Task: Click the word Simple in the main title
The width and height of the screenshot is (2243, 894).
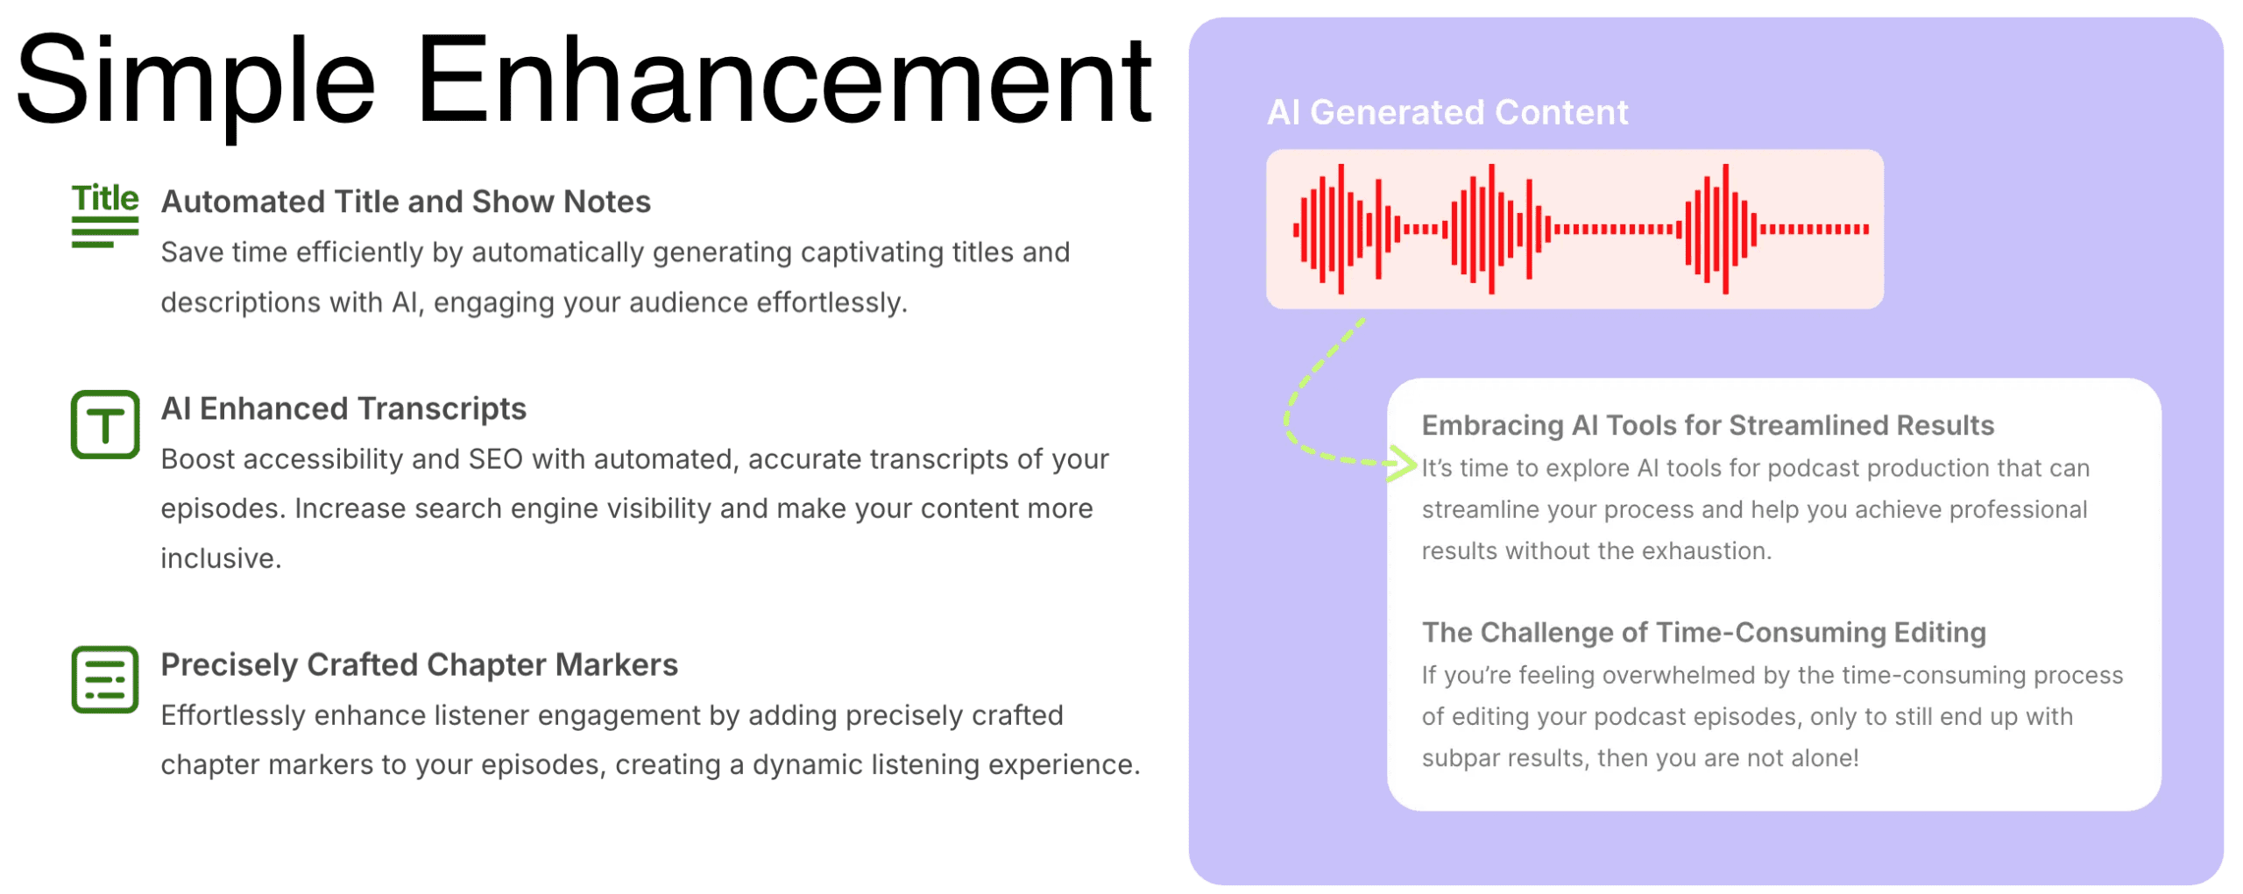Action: click(x=195, y=83)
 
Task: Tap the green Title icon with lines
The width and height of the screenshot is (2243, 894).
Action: click(x=104, y=215)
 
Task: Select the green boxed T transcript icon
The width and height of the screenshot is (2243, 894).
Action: click(x=105, y=424)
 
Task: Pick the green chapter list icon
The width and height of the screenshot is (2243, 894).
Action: click(x=105, y=679)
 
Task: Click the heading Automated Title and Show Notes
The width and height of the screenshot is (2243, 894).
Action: click(x=406, y=202)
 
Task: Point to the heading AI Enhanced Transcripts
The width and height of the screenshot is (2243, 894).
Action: click(x=343, y=408)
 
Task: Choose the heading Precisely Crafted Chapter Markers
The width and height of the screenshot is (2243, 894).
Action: click(x=419, y=664)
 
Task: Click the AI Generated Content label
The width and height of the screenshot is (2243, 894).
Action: click(x=1447, y=112)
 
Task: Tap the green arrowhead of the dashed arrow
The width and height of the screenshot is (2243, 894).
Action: click(x=1405, y=464)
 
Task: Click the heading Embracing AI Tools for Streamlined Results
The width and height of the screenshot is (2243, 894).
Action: click(x=1708, y=425)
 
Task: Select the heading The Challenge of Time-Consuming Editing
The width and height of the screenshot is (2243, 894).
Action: click(x=1703, y=632)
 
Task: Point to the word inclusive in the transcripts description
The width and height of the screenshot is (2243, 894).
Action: click(x=221, y=558)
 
